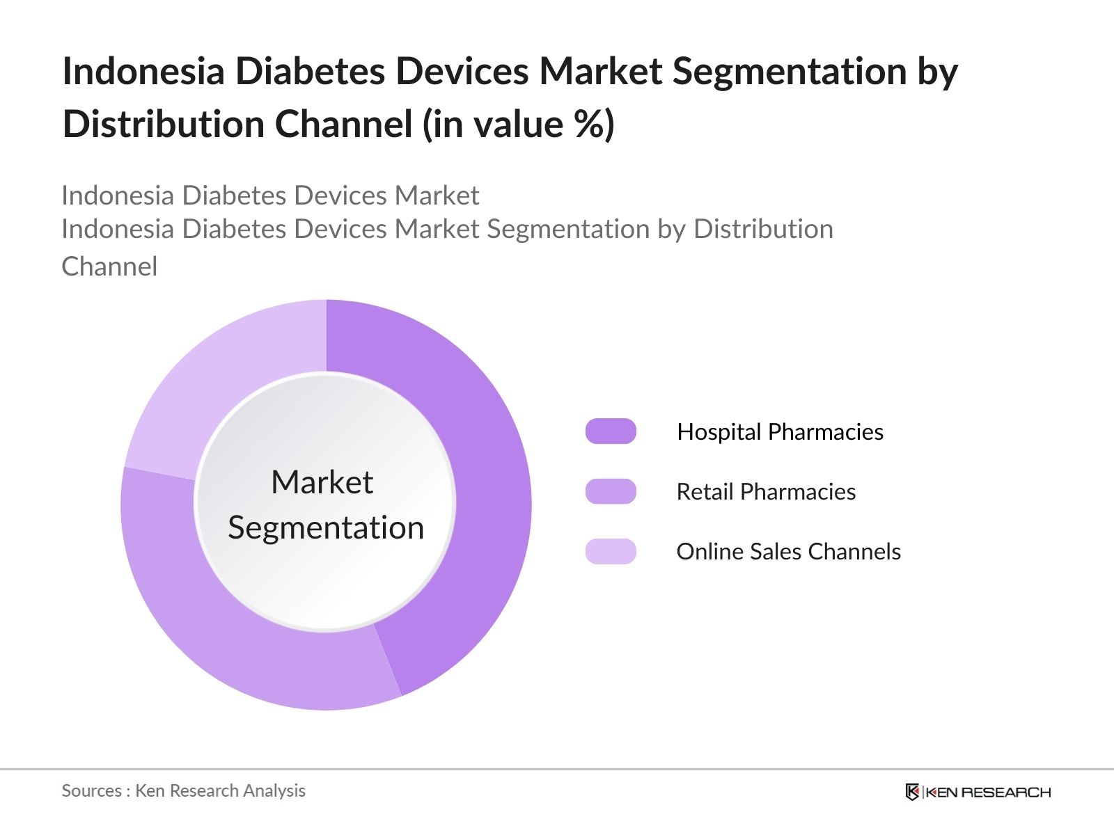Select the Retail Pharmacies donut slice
[x=209, y=626]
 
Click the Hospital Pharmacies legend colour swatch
[x=611, y=431]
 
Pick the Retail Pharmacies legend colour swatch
[x=611, y=491]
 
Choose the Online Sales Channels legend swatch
[x=611, y=551]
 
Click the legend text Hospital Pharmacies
[x=780, y=432]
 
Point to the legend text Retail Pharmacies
[x=766, y=492]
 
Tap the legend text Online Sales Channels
[x=788, y=552]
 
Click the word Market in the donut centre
[x=322, y=482]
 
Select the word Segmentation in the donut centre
[x=326, y=527]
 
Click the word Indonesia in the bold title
[x=143, y=71]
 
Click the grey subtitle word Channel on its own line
[x=109, y=267]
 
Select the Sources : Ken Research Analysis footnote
[x=183, y=790]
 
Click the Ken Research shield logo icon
[x=912, y=792]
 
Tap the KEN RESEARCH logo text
[x=988, y=792]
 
